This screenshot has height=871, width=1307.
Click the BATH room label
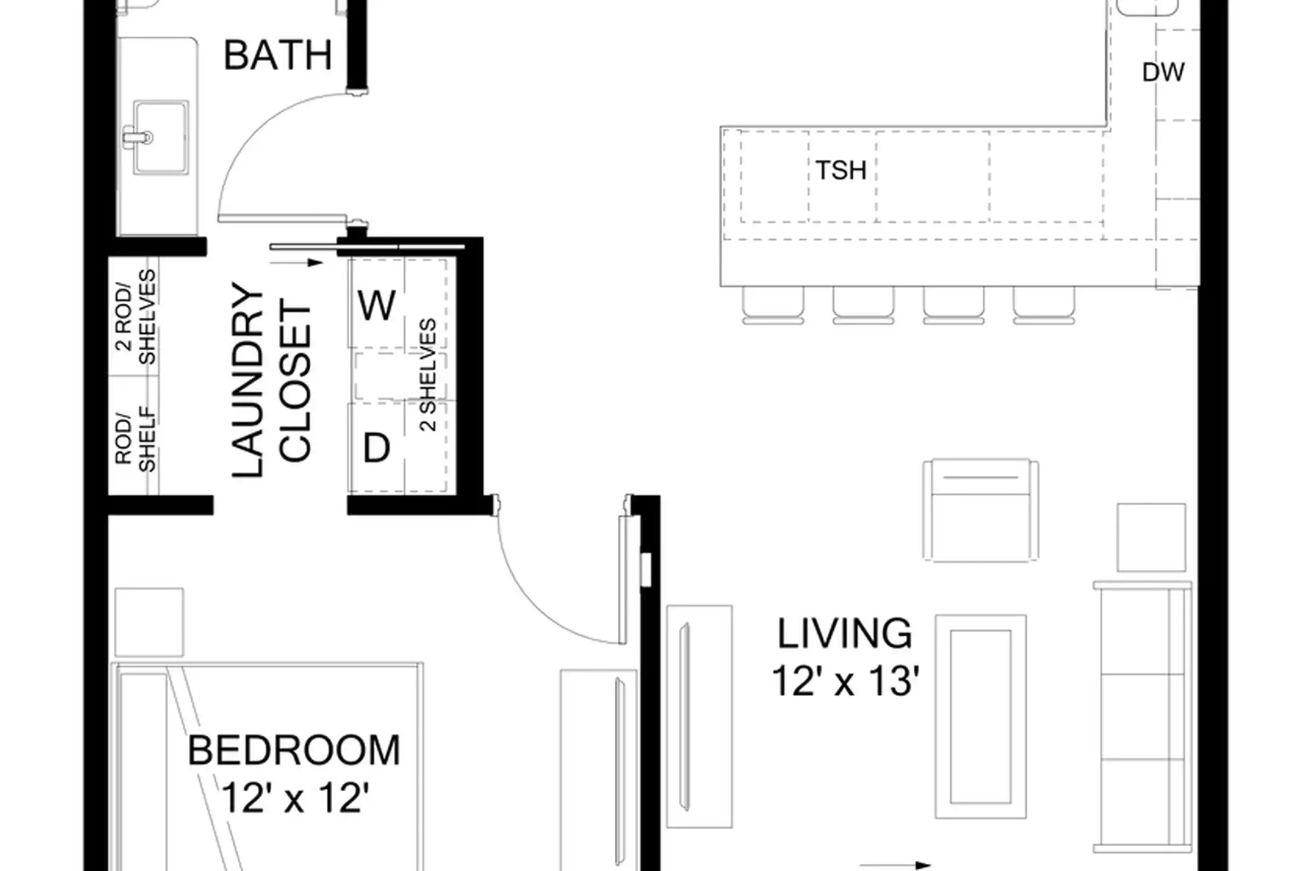278,56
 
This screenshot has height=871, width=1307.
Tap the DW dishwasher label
1163,73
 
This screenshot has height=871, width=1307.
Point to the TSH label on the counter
841,171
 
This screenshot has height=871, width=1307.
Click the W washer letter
376,305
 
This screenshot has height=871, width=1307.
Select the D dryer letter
376,448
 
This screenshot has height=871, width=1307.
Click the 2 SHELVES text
428,375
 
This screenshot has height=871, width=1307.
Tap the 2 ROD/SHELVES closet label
136,318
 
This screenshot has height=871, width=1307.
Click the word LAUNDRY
248,380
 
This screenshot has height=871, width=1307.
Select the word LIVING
845,634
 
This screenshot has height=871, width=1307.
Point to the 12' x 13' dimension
845,682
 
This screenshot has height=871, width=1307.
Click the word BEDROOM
294,751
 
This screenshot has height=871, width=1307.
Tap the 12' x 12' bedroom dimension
295,798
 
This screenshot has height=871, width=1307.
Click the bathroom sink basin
160,138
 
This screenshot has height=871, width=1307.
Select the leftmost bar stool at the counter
773,305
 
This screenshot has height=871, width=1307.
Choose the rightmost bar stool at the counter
1044,305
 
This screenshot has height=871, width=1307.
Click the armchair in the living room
981,510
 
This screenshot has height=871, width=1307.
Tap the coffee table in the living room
981,717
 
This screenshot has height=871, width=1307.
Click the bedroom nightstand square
149,622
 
